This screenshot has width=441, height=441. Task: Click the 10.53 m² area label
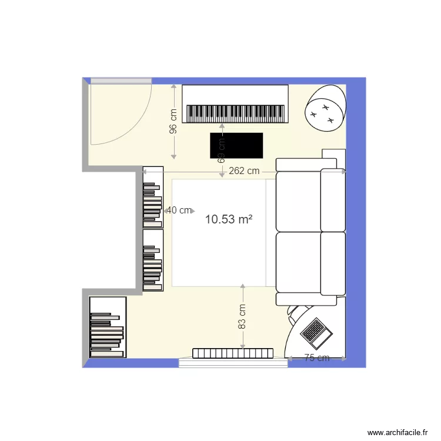(229, 220)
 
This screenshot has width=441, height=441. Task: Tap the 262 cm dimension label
(245, 172)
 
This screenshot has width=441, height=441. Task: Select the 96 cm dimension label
(173, 122)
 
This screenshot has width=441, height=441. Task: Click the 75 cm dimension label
(316, 358)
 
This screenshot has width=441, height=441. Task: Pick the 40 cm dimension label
(178, 210)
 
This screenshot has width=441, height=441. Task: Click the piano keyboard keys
(236, 113)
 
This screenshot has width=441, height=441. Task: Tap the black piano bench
(236, 145)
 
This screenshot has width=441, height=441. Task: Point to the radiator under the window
(233, 353)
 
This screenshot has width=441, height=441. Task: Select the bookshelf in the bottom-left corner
(108, 327)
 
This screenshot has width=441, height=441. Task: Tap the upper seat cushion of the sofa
(298, 200)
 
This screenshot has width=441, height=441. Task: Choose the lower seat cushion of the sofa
(298, 262)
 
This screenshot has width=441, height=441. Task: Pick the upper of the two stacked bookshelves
(153, 198)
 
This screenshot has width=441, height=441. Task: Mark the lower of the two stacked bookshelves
(153, 260)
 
